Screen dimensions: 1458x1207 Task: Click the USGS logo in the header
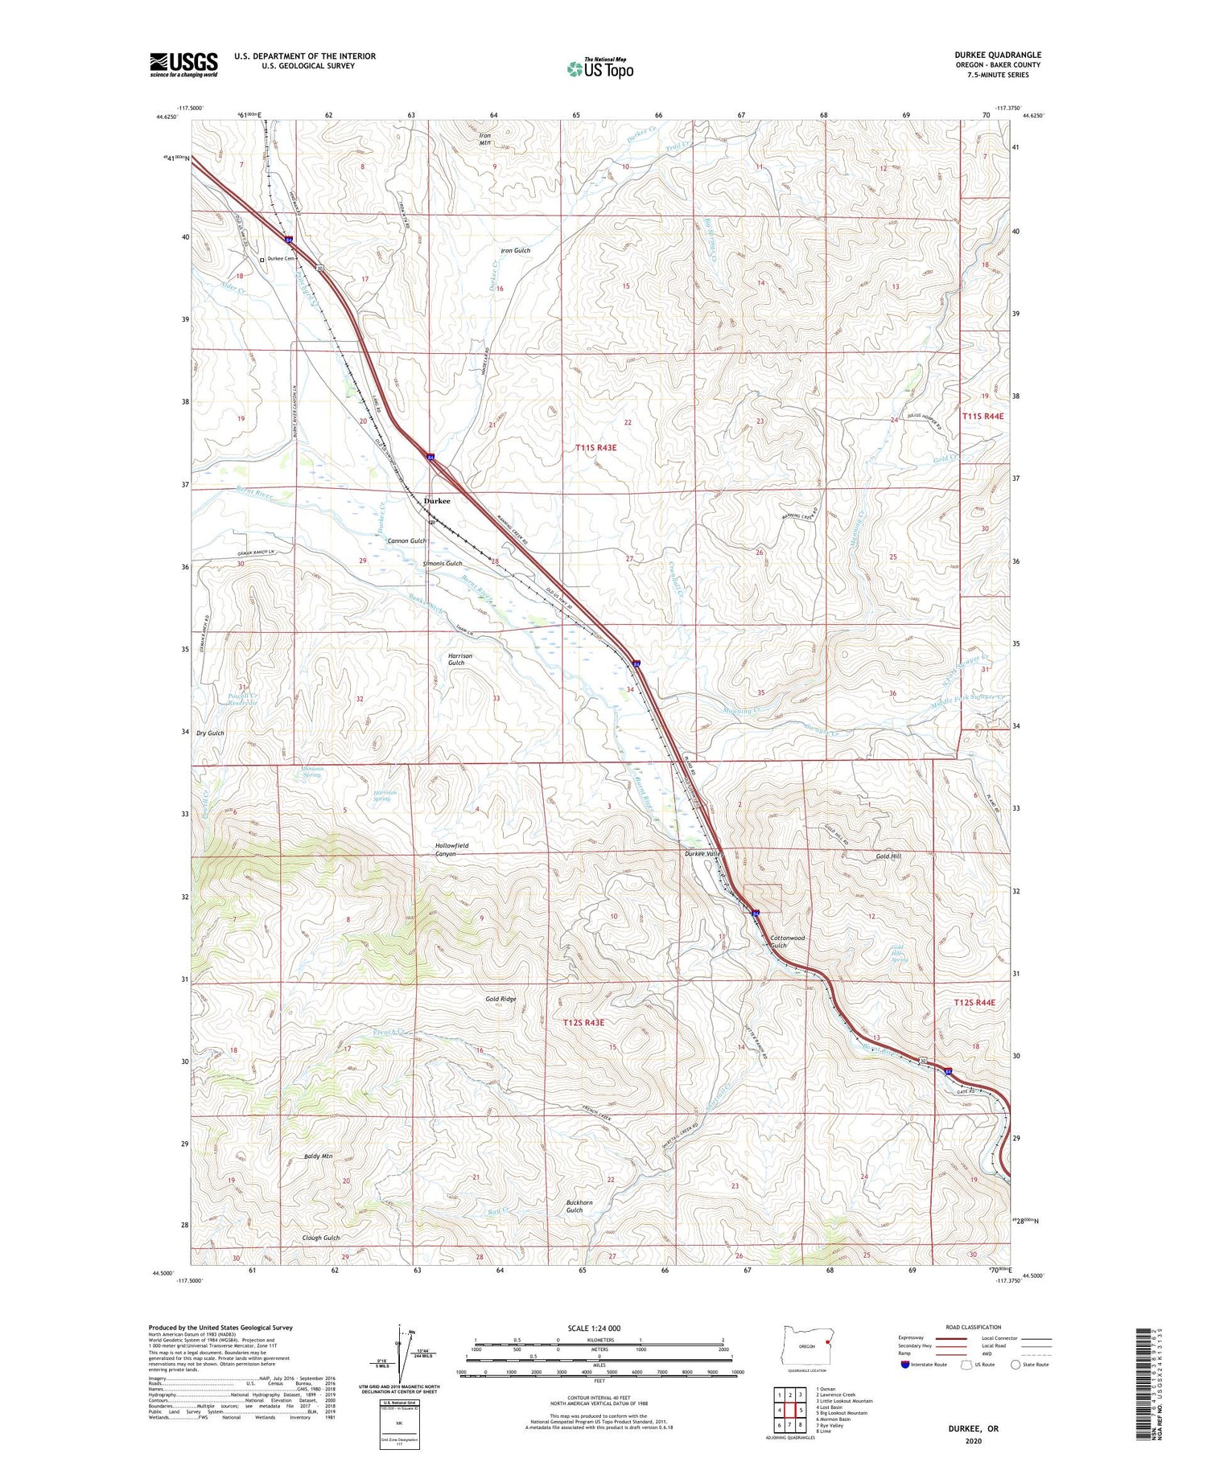pyautogui.click(x=183, y=64)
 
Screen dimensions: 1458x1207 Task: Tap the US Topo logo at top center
pyautogui.click(x=599, y=68)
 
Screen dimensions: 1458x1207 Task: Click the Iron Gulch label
pyautogui.click(x=515, y=251)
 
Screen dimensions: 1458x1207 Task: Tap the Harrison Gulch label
pyautogui.click(x=460, y=659)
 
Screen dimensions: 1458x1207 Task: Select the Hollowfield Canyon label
pyautogui.click(x=451, y=850)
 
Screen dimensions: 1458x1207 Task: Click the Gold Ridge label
pyautogui.click(x=501, y=999)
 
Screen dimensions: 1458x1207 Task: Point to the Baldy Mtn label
pyautogui.click(x=318, y=1156)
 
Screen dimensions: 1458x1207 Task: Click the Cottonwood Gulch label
pyautogui.click(x=787, y=942)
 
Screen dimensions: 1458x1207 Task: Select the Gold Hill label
pyautogui.click(x=888, y=856)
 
